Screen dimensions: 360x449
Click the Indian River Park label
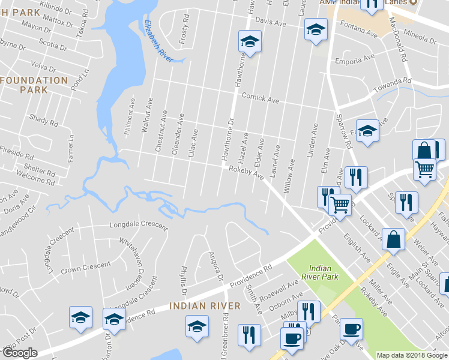click(324, 272)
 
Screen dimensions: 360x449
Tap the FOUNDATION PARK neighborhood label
click(34, 85)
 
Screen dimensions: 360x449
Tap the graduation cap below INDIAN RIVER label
click(196, 327)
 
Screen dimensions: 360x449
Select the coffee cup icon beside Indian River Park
click(351, 329)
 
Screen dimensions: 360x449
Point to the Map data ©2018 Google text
click(412, 355)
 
